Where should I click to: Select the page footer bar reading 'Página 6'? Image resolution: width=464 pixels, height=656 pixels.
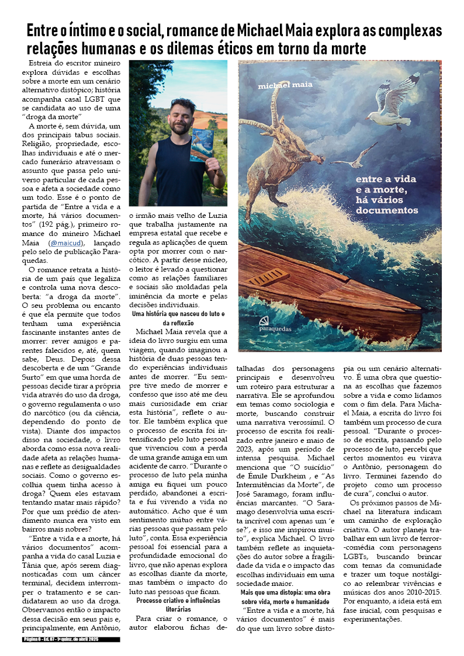point(71,640)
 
